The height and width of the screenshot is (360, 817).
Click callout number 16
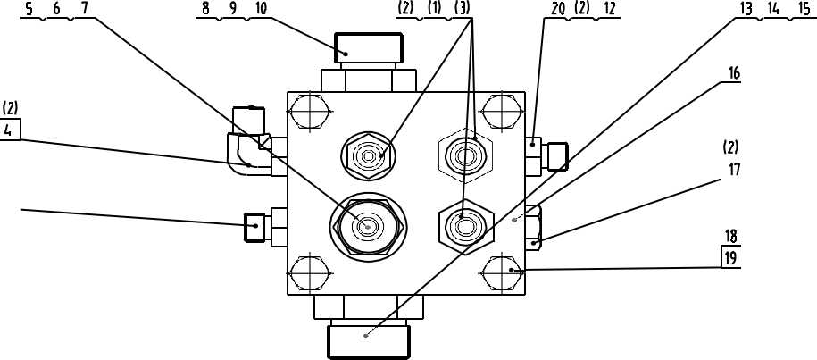click(733, 73)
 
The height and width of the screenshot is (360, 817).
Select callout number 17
click(733, 169)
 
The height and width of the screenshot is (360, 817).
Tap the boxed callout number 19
click(731, 258)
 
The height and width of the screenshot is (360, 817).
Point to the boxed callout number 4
click(10, 130)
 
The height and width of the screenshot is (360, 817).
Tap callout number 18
click(731, 238)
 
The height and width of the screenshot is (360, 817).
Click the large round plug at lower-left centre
click(367, 227)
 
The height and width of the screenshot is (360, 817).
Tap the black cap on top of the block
click(367, 48)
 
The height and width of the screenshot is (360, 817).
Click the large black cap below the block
click(369, 340)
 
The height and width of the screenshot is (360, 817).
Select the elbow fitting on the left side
click(246, 149)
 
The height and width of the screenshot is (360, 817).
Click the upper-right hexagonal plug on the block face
click(465, 155)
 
